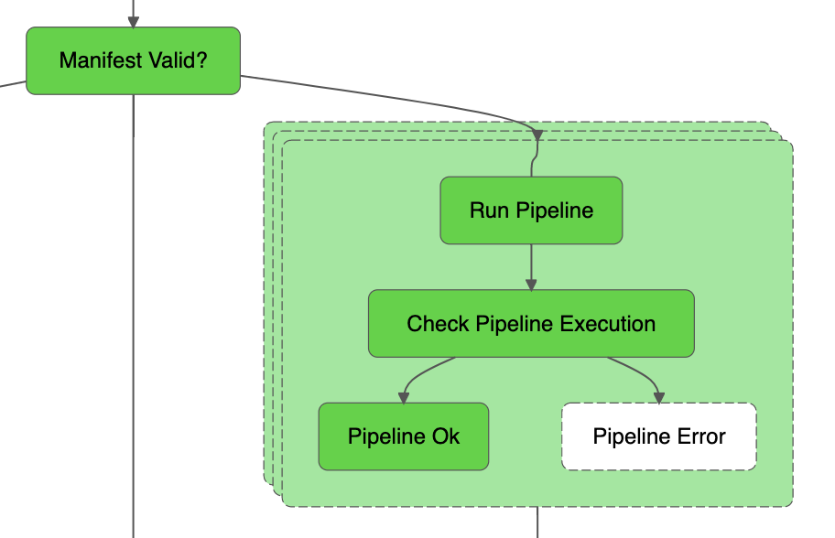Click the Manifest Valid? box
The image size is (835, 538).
pyautogui.click(x=133, y=60)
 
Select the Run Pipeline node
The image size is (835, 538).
pyautogui.click(x=531, y=210)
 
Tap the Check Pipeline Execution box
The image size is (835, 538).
pyautogui.click(x=531, y=324)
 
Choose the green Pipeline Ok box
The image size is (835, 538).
pyautogui.click(x=403, y=436)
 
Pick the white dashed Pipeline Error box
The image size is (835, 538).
pyautogui.click(x=659, y=436)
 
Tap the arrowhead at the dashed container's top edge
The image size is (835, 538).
pyautogui.click(x=537, y=136)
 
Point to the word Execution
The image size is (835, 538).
pyautogui.click(x=608, y=324)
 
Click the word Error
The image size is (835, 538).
pyautogui.click(x=700, y=436)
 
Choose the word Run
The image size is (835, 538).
pyautogui.click(x=490, y=210)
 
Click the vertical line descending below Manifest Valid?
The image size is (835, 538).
pyautogui.click(x=134, y=320)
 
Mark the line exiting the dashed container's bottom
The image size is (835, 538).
pyautogui.click(x=537, y=522)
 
